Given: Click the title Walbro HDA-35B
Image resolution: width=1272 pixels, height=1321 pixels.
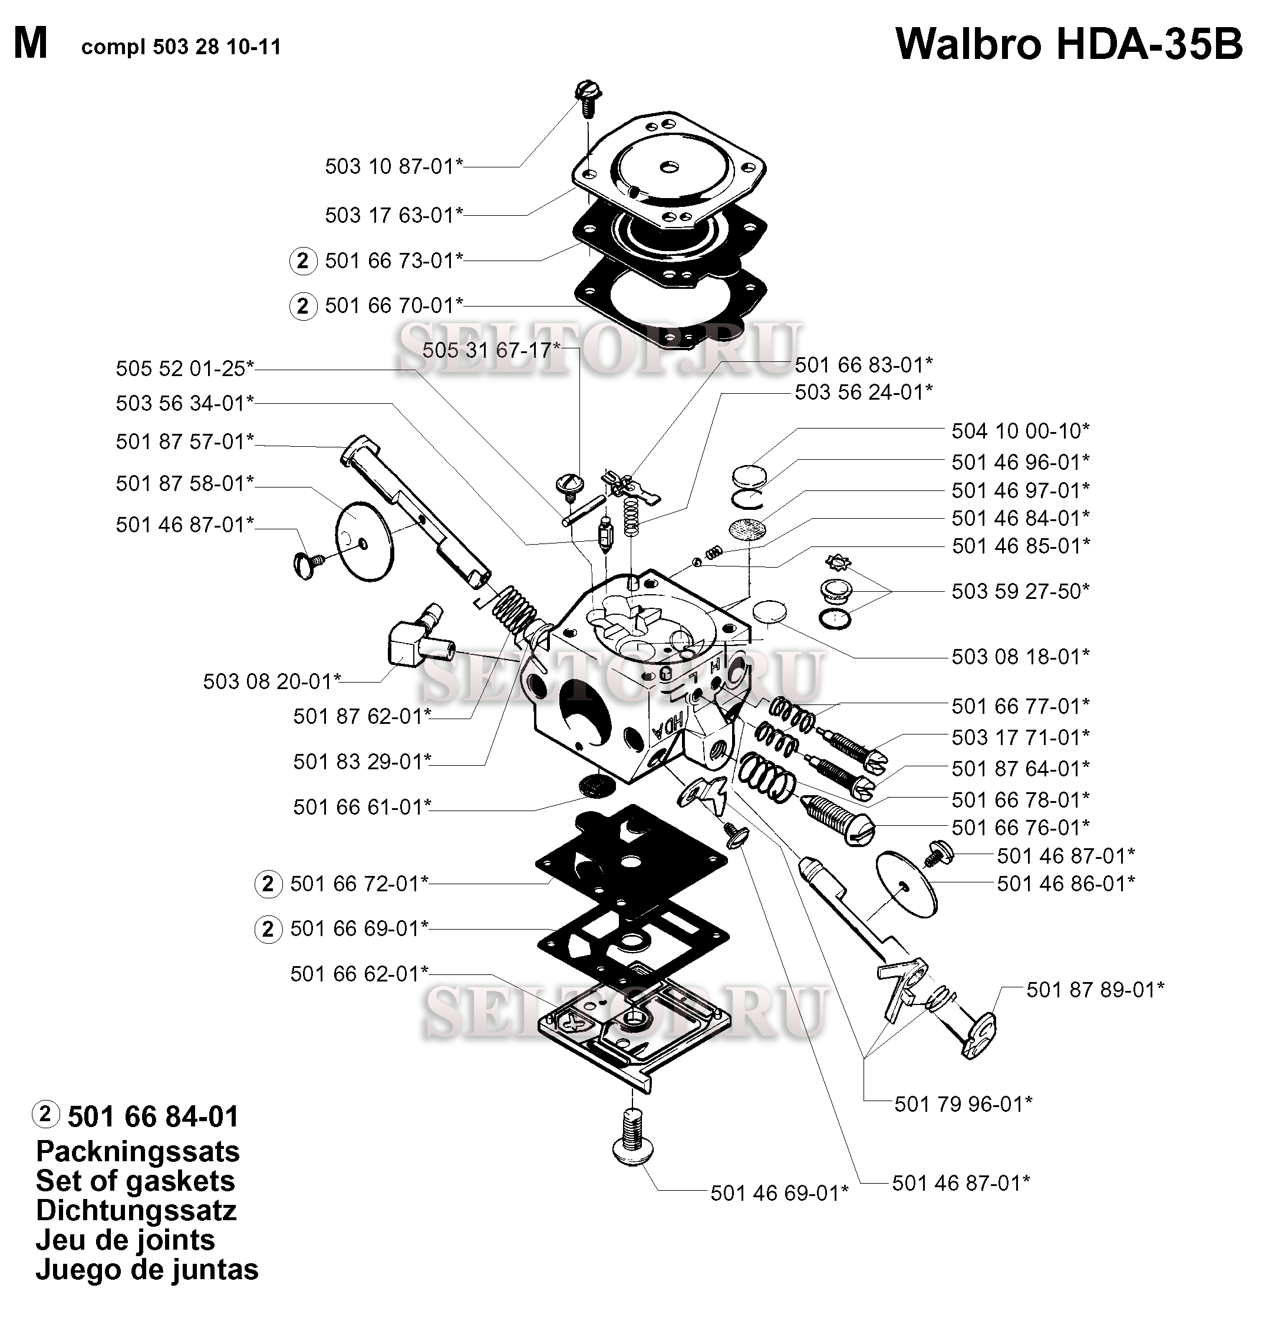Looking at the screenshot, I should [x=1069, y=45].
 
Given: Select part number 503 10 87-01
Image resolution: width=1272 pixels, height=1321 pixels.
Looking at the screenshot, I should [x=394, y=166].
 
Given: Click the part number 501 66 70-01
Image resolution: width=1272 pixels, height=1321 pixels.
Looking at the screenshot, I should [x=394, y=305].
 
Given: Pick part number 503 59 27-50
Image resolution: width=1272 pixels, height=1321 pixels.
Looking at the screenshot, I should [x=1020, y=591].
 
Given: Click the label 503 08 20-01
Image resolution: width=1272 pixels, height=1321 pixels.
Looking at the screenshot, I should [x=272, y=681].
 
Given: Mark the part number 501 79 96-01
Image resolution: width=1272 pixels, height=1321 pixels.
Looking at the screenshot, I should [x=963, y=1103].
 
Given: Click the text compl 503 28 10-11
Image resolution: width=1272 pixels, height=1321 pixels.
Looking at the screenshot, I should [x=180, y=47].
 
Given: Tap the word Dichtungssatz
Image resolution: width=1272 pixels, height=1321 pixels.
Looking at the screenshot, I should [x=136, y=1210].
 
